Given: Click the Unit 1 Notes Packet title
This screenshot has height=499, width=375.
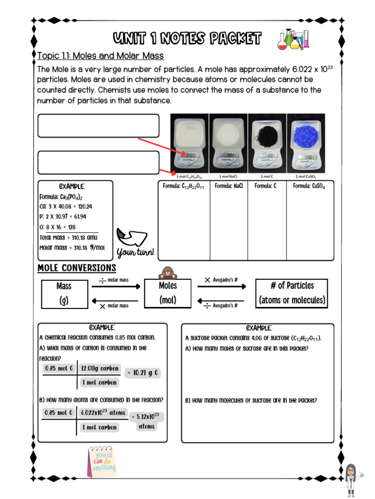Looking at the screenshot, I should pos(187,38).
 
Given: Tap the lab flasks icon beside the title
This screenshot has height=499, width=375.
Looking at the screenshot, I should pos(293,39).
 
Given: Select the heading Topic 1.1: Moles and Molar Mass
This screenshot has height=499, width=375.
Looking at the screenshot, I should pos(101,56).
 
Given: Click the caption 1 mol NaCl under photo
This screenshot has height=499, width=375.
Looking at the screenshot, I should pos(228,176).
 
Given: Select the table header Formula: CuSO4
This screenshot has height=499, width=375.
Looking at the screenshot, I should pos(309,186).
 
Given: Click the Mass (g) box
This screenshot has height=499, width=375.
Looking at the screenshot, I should pos(63,293).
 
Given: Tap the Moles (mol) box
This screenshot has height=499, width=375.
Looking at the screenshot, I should pos(167,293).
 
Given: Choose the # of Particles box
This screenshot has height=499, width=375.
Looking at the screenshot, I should pos(292,293).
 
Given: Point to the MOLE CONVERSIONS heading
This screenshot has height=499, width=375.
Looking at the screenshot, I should pos(77,269).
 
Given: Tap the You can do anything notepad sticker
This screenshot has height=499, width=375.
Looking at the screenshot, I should pos(102,461).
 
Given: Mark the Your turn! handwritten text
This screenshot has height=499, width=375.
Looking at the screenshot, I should pos(135,252).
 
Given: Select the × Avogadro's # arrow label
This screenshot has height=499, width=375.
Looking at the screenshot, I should pos(221,280).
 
